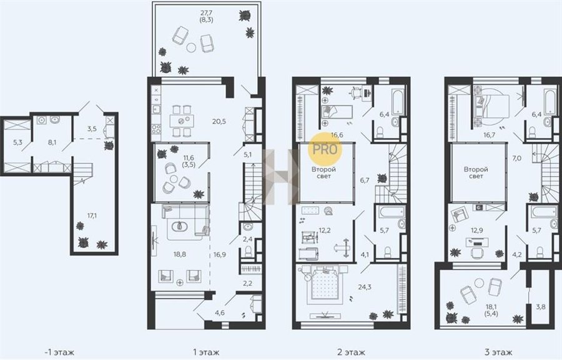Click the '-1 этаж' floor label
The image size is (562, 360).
59,352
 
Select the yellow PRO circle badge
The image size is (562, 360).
325,149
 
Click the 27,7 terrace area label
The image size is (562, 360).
206,14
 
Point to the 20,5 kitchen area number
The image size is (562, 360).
219,121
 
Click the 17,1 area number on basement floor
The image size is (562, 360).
92,216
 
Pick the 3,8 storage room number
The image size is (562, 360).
541,307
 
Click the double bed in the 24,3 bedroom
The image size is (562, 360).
324,284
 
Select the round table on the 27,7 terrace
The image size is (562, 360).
192,47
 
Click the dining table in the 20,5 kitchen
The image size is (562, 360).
182,121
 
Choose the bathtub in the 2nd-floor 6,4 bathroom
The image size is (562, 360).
398,102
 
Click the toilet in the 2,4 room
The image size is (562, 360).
248,251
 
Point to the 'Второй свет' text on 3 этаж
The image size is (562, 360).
476,172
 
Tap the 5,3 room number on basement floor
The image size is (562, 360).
17,142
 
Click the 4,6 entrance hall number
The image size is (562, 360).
220,312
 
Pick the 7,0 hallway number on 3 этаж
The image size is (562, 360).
516,157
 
